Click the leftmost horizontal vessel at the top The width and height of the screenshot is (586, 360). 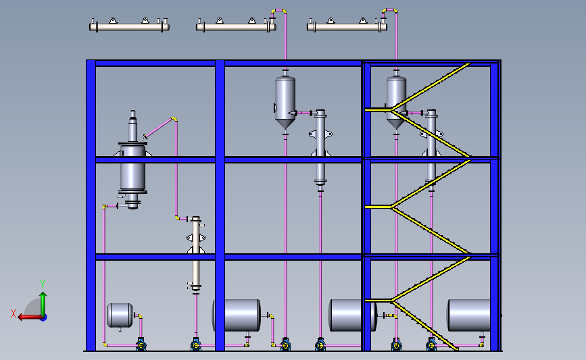128,27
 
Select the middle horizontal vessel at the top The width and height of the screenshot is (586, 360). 235,27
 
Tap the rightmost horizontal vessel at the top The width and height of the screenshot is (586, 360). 347,27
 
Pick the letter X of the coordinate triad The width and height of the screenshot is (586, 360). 14,313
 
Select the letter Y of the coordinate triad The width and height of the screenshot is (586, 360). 42,284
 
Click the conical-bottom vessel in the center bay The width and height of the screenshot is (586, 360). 285,100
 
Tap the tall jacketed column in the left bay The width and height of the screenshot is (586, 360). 132,162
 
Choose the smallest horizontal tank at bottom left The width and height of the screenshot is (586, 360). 120,315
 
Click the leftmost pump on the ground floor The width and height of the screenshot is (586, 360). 141,345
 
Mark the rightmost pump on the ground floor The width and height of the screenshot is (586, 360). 431,345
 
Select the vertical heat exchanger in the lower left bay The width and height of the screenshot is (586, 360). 196,253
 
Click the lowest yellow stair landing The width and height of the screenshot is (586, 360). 378,300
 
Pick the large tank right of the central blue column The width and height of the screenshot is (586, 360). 237,315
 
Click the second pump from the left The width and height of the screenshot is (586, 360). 195,345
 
